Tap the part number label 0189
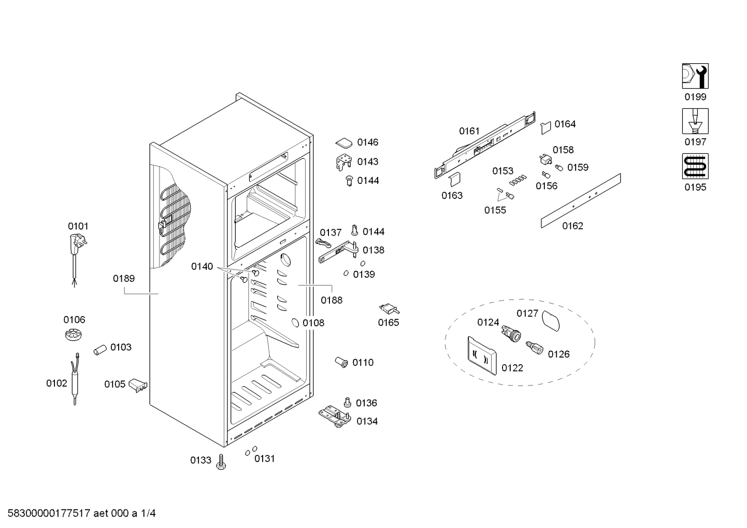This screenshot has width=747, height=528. click(124, 278)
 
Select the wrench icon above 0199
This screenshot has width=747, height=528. click(695, 76)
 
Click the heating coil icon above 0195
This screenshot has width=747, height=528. click(695, 166)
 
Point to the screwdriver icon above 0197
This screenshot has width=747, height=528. click(695, 121)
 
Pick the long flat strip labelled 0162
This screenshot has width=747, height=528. click(581, 201)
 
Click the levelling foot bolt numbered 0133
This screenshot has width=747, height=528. click(221, 462)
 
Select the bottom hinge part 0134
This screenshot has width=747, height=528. click(335, 417)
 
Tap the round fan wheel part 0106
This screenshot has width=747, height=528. click(73, 335)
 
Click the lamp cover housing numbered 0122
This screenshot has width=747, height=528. click(482, 355)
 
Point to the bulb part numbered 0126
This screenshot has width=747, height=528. click(534, 348)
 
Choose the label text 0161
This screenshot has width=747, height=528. click(469, 131)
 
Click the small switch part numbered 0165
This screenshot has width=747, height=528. click(389, 308)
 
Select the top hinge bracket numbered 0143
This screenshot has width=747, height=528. click(344, 162)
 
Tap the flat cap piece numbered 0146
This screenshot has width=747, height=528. click(344, 143)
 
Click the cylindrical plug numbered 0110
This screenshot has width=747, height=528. click(341, 362)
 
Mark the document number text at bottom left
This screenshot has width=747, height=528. click(82, 513)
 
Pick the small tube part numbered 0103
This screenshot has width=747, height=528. click(99, 350)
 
